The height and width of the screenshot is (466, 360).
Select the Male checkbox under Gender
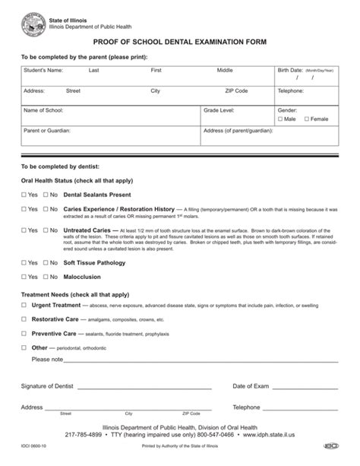point(280,119)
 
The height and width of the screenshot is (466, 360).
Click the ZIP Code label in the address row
point(236,90)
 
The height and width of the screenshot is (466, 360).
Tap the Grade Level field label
point(219,110)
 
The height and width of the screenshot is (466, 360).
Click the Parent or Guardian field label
point(47,131)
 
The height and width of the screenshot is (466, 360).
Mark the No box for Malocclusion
point(45,277)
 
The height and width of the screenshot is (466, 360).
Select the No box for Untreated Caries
point(45,228)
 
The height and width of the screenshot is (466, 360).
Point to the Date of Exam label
point(251,386)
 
